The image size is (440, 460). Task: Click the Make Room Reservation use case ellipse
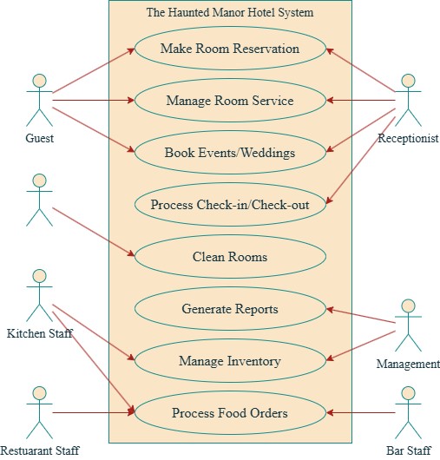click(x=230, y=49)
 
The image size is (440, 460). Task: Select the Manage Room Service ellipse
click(x=230, y=101)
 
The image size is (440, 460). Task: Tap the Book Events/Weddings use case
click(x=230, y=153)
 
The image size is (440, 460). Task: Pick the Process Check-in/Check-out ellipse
click(x=230, y=205)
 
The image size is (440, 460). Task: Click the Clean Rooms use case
click(x=230, y=257)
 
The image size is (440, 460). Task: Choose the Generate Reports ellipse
click(x=230, y=308)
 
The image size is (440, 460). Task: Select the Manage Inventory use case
click(x=230, y=360)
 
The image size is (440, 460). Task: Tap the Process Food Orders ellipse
click(x=230, y=412)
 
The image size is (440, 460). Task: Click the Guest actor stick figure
click(x=37, y=100)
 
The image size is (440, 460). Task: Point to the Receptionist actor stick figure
click(x=408, y=100)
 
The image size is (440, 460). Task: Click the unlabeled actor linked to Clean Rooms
click(x=37, y=200)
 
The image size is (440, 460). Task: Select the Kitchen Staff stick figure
click(x=37, y=295)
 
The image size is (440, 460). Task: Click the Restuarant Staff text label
click(x=40, y=450)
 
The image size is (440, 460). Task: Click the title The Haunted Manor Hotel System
click(x=230, y=13)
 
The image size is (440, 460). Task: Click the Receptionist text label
click(x=408, y=138)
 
